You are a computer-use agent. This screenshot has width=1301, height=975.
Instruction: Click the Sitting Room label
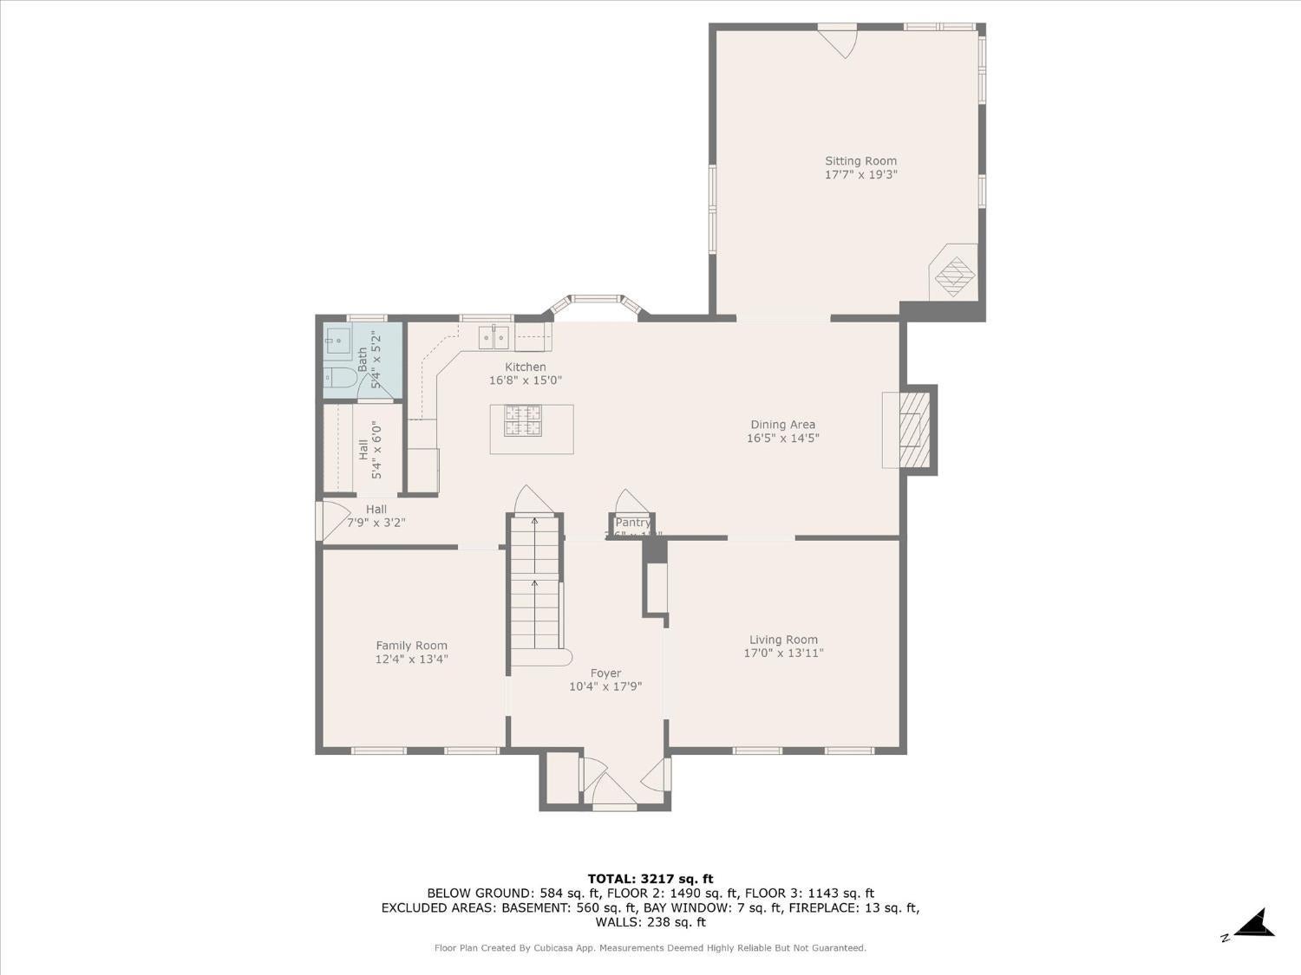point(860,161)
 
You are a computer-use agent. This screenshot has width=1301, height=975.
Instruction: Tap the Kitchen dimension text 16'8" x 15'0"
point(526,380)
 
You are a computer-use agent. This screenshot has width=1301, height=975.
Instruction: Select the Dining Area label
point(782,425)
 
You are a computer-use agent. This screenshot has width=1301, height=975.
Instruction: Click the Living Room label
point(783,640)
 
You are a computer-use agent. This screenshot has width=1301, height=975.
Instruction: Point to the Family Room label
point(411,645)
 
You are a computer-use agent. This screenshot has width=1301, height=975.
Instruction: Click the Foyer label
point(605,673)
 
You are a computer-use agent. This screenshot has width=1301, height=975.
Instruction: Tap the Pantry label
point(632,523)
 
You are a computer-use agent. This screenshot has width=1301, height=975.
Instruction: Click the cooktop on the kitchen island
point(523,420)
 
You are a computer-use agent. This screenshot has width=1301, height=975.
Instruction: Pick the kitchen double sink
point(494,336)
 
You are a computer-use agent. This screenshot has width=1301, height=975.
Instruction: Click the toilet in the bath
point(340,378)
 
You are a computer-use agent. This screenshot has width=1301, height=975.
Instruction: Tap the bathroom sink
point(337,338)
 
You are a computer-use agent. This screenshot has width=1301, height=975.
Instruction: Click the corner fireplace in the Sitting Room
point(954,273)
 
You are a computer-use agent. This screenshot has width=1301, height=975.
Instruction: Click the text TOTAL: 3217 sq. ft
point(650,879)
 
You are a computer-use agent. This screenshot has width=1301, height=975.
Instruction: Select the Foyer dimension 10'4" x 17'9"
point(605,687)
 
